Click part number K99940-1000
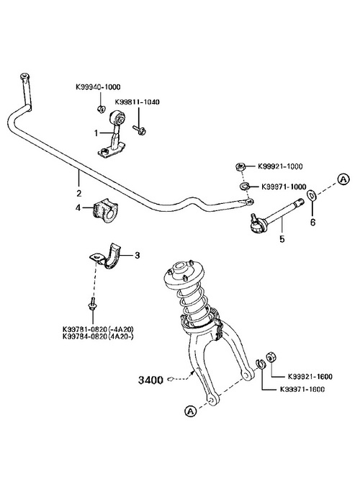(x=98, y=87)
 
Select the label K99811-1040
(x=137, y=102)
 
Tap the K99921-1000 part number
(x=280, y=166)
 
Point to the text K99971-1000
(x=284, y=187)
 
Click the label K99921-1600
(x=310, y=376)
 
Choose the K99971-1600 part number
(x=302, y=390)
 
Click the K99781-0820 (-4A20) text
(x=98, y=330)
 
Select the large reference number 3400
(x=150, y=380)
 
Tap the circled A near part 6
(x=343, y=179)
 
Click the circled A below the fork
(x=190, y=411)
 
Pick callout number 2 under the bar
(x=78, y=193)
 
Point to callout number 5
(x=282, y=239)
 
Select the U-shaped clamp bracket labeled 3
(x=108, y=256)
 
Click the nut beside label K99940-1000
(x=100, y=109)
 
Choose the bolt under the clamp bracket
(x=92, y=304)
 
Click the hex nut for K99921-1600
(x=271, y=357)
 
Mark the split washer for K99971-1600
(x=261, y=364)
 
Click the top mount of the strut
(x=184, y=275)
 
